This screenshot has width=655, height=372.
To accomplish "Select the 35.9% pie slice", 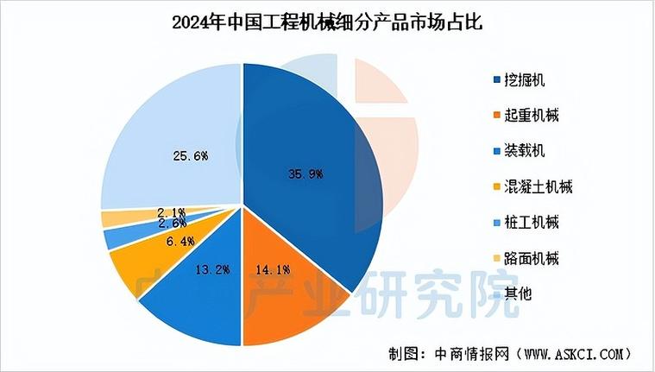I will click(x=311, y=173).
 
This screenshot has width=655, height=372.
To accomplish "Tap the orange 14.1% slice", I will click(x=276, y=276).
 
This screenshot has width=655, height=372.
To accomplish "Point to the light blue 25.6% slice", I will click(x=173, y=147).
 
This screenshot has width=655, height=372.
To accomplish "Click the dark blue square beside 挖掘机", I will click(x=496, y=81).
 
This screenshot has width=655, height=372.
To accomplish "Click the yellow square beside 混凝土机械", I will click(x=496, y=187).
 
